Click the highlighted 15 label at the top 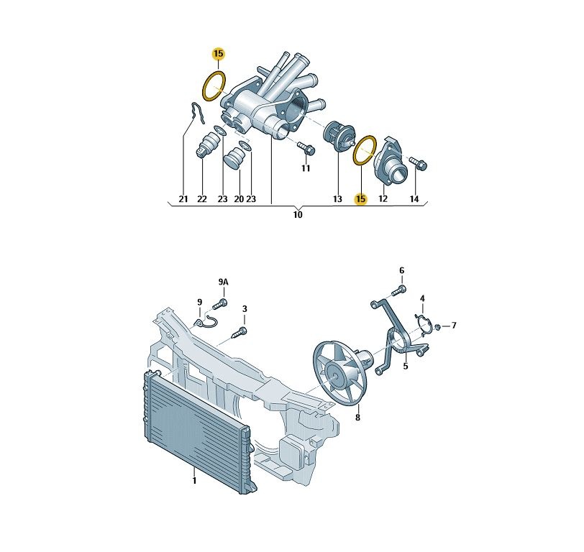click(219, 54)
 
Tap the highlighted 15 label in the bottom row click(360, 199)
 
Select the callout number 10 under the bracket click(298, 215)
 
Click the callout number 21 click(183, 199)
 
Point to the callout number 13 click(337, 199)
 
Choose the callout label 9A click(224, 282)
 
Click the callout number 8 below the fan click(357, 418)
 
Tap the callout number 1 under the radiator click(194, 481)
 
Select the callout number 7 click(454, 326)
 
